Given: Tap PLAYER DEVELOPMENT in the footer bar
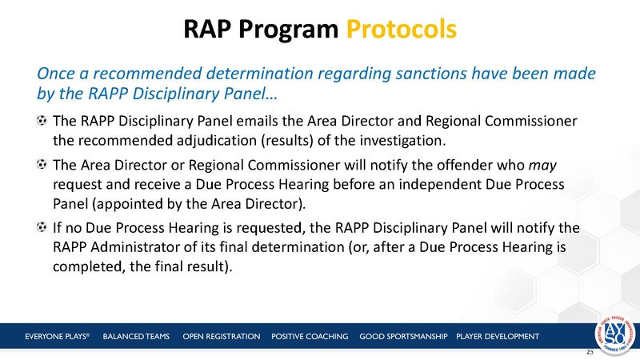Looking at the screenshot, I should pos(497,335).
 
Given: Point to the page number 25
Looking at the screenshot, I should pos(590,352).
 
